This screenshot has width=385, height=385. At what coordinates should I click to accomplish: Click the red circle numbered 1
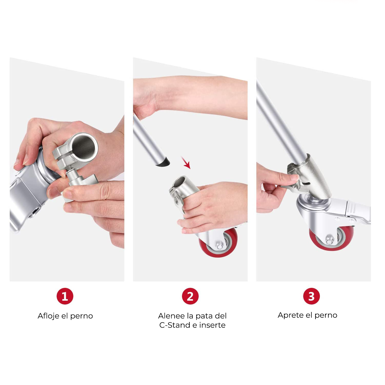[x=65, y=296]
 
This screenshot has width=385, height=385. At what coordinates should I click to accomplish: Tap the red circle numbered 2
[x=190, y=296]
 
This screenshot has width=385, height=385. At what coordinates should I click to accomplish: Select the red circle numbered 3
[x=311, y=296]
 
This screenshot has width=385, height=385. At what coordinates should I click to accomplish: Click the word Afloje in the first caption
[x=48, y=316]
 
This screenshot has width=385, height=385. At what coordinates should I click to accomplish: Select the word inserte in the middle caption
[x=212, y=325]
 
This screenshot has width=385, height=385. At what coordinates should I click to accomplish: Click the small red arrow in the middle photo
[x=186, y=163]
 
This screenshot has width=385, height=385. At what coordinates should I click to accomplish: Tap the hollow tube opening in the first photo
[x=84, y=147]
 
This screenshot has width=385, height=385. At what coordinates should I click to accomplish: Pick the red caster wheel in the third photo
[x=331, y=238]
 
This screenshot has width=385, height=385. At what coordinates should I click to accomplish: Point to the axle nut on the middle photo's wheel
[x=219, y=246]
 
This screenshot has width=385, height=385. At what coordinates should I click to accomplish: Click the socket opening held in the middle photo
[x=180, y=182]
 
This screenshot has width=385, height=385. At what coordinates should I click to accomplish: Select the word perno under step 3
[x=326, y=316]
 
